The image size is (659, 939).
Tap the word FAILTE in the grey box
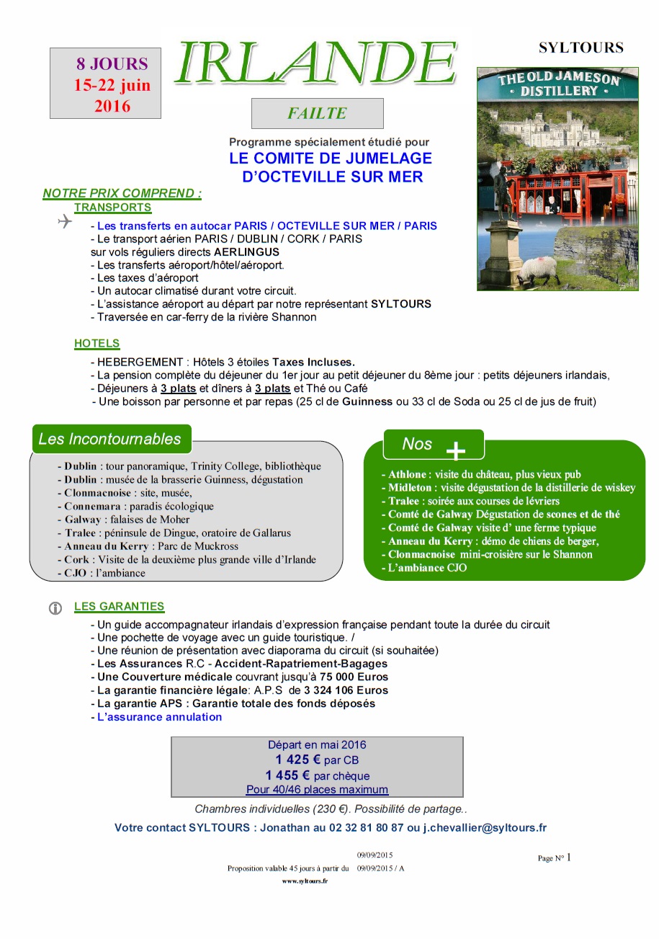pos(317,113)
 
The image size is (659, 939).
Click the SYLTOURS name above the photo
pos(580,48)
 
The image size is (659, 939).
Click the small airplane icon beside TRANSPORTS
pos(65,223)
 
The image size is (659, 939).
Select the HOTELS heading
pos(97,344)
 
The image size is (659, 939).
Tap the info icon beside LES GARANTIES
pos(55,608)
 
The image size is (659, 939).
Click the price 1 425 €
pos(298,760)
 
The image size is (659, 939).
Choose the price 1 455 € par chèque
pos(317,775)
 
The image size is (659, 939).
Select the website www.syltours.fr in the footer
pos(305,881)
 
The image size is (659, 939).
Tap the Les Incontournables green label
pos(110,439)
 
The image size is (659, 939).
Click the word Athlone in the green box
pos(408,475)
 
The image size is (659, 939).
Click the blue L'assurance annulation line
pos(159,716)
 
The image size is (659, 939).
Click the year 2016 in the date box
pos(112,107)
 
